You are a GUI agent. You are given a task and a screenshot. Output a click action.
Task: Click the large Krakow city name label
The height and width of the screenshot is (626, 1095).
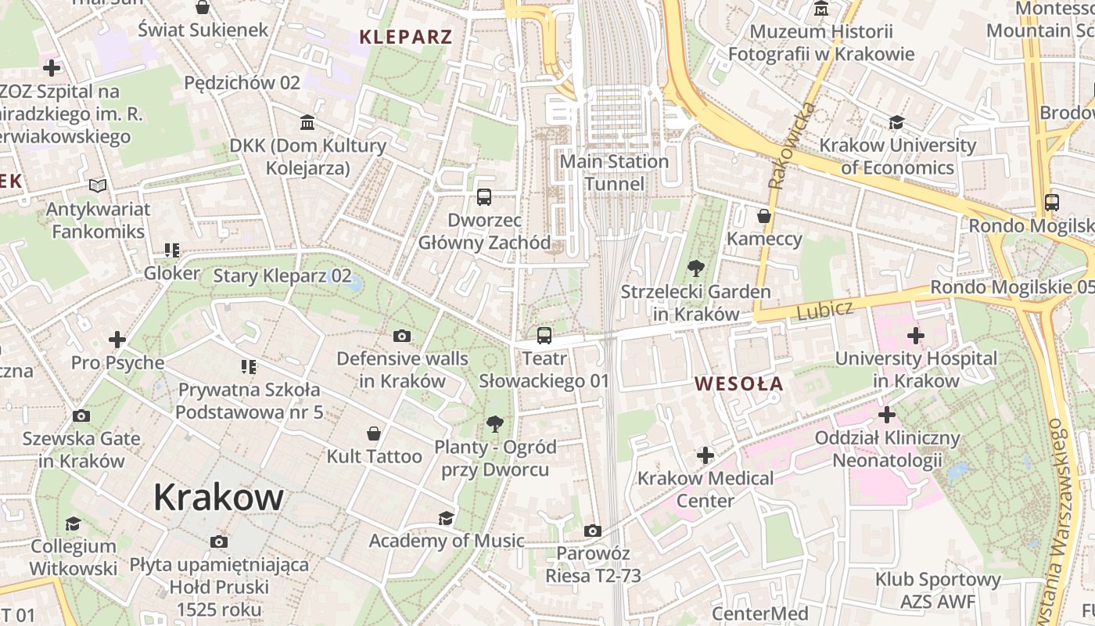pyautogui.click(x=218, y=497)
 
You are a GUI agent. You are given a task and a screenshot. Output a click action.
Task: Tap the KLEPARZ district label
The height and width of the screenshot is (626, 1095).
pyautogui.click(x=405, y=37)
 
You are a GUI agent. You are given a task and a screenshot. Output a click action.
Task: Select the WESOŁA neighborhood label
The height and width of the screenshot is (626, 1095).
pyautogui.click(x=738, y=383)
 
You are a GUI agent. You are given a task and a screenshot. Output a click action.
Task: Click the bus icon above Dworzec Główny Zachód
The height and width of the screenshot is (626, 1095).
pyautogui.click(x=484, y=196)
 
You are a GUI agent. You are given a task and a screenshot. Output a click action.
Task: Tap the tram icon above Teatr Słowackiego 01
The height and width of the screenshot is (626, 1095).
pyautogui.click(x=544, y=336)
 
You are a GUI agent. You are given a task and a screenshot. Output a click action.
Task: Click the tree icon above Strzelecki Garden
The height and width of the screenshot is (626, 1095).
pyautogui.click(x=695, y=268)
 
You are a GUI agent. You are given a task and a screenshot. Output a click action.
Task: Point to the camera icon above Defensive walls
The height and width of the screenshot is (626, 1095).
pyautogui.click(x=402, y=336)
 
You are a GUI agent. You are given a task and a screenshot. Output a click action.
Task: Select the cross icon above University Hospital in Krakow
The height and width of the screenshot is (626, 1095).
pyautogui.click(x=915, y=336)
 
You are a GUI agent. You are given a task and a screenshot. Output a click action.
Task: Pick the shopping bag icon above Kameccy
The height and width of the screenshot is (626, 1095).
pyautogui.click(x=763, y=215)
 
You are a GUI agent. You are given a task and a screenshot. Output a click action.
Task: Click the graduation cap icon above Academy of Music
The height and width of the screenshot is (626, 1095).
pyautogui.click(x=446, y=517)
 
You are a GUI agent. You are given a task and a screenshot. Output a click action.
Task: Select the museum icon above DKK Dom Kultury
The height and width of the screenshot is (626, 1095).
pyautogui.click(x=307, y=123)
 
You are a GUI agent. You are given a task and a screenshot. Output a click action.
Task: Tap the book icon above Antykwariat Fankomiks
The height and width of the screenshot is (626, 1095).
pyautogui.click(x=98, y=185)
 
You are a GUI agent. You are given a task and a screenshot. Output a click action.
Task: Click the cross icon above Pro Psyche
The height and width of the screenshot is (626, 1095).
pyautogui.click(x=117, y=340)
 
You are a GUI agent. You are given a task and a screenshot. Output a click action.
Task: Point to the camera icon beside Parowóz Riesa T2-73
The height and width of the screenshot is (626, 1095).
pyautogui.click(x=592, y=531)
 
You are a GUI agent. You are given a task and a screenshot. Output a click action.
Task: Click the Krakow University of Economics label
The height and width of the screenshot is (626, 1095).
pyautogui.click(x=897, y=156)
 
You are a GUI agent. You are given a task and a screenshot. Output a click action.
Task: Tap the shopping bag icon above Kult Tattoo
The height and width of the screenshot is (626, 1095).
pyautogui.click(x=374, y=433)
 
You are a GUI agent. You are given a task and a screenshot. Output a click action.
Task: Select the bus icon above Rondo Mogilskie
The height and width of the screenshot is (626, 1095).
pyautogui.click(x=1052, y=202)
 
